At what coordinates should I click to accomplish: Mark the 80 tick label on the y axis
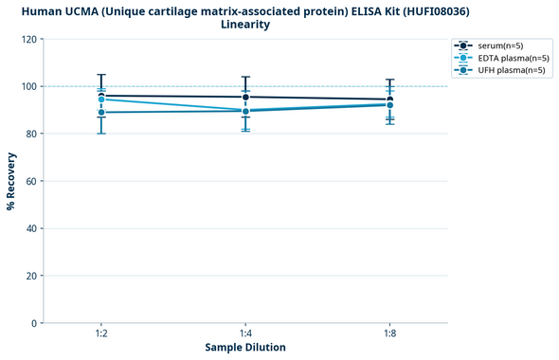(29, 134)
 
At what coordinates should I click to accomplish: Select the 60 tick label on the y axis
(29, 181)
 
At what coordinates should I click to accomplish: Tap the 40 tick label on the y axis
(29, 228)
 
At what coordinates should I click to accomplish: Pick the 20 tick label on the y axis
(29, 276)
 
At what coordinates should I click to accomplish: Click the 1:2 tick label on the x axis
(101, 333)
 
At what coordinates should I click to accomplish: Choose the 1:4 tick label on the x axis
(245, 333)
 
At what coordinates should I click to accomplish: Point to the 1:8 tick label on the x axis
(389, 333)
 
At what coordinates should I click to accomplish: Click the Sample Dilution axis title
(245, 348)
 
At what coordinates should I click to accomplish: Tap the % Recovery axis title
(11, 181)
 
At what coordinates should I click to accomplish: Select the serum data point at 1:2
(101, 95)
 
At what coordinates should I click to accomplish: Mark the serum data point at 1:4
(245, 97)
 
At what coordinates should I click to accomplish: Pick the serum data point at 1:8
(389, 99)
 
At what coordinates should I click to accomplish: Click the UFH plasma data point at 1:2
(101, 113)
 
